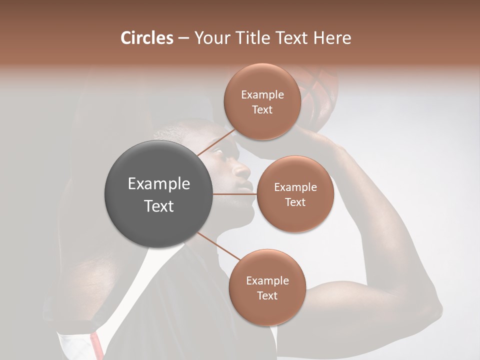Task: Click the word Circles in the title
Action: pos(147,38)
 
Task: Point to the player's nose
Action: pos(243,171)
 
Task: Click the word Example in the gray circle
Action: pos(158,184)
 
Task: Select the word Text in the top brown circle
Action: pos(262,110)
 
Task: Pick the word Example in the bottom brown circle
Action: pos(267,280)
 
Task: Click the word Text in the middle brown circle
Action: pos(295,202)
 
